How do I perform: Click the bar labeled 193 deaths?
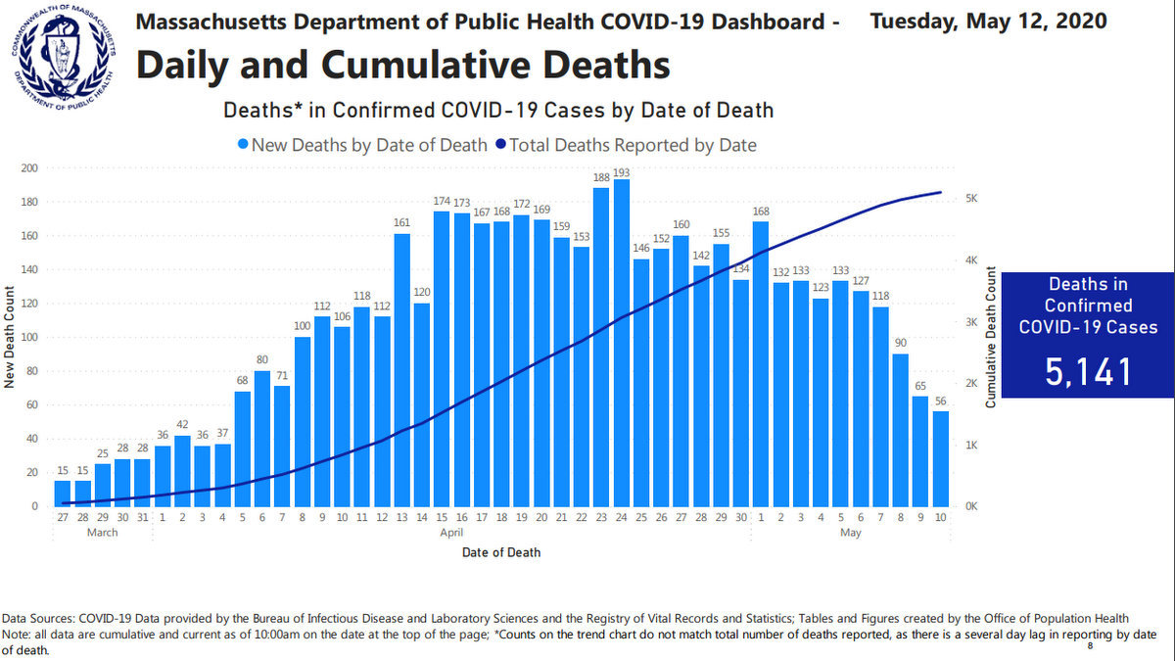621,343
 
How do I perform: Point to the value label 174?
442,202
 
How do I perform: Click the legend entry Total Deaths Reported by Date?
627,145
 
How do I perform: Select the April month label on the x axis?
451,533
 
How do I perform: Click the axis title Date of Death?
501,552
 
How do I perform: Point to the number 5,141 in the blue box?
1087,372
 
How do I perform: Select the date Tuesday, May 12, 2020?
989,21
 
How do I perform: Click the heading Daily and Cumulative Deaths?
403,65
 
